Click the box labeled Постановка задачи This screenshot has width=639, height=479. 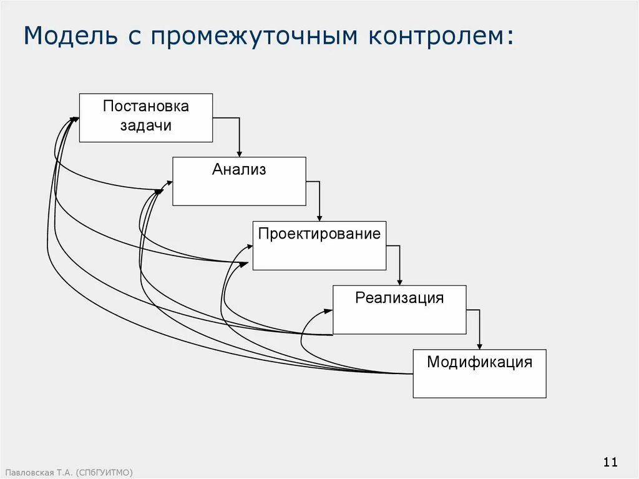(x=146, y=118)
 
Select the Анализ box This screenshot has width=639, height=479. (x=239, y=181)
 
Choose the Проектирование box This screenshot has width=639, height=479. (x=319, y=245)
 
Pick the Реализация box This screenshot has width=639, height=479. (x=399, y=310)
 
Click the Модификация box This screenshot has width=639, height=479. (x=479, y=373)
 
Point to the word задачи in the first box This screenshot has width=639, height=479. (x=146, y=126)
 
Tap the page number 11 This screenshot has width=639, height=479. (x=610, y=462)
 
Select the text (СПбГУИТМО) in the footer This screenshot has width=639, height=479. (x=105, y=473)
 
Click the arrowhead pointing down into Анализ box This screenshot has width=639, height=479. (x=239, y=154)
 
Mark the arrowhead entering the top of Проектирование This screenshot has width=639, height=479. (x=319, y=218)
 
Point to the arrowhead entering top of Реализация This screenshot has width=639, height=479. (x=400, y=282)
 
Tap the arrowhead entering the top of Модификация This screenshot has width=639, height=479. (x=480, y=346)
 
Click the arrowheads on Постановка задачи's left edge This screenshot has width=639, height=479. (x=74, y=118)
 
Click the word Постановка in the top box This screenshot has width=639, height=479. (x=146, y=106)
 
